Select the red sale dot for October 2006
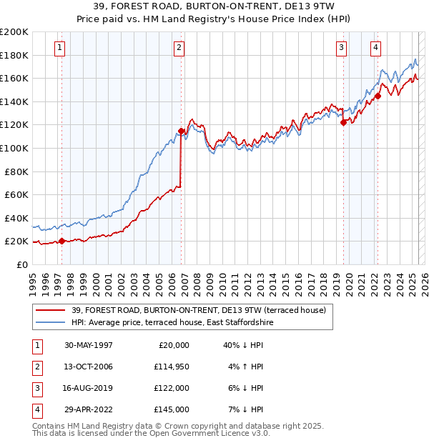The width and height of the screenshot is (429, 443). pos(181,131)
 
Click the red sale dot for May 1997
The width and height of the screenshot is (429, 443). pos(61,241)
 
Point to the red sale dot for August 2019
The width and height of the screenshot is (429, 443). pos(343,122)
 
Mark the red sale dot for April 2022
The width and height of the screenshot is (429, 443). pos(378,96)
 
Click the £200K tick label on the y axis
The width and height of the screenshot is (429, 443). pos(14,31)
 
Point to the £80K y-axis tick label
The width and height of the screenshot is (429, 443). pos(16,171)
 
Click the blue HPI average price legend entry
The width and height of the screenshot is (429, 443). pos(172,322)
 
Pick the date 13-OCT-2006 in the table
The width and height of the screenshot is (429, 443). pos(89,367)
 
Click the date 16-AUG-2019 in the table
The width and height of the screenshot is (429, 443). pos(89,388)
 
